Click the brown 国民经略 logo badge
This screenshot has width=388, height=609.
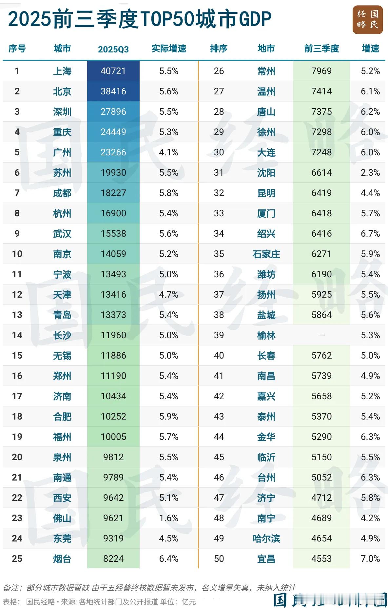(x=368, y=20)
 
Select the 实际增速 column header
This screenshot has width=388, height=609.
(x=169, y=49)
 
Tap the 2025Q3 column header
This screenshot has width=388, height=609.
(x=113, y=49)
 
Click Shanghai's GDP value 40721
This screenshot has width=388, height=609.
(x=113, y=71)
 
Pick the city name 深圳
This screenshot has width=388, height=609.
(x=62, y=112)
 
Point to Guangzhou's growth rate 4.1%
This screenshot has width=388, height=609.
(x=169, y=152)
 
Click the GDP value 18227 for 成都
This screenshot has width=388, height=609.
(x=113, y=193)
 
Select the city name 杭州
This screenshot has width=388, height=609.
(x=62, y=213)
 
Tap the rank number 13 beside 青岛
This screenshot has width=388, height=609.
(x=17, y=315)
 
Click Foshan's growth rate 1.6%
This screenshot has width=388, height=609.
(x=169, y=518)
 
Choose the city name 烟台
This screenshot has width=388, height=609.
(x=62, y=559)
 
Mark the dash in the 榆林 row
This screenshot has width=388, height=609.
(x=321, y=335)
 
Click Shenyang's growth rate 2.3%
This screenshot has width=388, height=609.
(x=370, y=173)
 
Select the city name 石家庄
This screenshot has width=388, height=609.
(x=266, y=254)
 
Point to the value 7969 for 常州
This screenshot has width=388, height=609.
(x=321, y=71)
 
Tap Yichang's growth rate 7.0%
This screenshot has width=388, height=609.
(x=370, y=559)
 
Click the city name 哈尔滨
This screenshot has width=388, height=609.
(x=266, y=539)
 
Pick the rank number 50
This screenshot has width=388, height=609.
(x=219, y=559)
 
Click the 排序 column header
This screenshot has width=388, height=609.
(x=219, y=49)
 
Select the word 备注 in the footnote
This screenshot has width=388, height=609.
(x=11, y=588)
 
